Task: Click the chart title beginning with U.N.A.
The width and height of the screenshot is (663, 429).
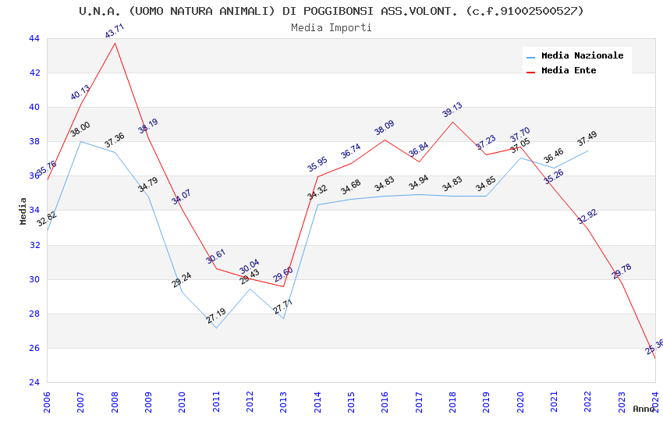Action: [331, 11]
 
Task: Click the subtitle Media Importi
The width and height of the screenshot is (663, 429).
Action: [331, 27]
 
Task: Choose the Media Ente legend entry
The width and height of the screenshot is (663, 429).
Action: [569, 70]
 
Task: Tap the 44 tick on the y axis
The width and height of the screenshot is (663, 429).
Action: [34, 38]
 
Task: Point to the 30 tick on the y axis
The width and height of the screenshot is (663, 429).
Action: [34, 279]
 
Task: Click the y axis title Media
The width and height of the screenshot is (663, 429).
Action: [23, 211]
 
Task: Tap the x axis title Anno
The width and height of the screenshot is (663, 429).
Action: [643, 409]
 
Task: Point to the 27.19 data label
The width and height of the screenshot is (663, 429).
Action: [216, 316]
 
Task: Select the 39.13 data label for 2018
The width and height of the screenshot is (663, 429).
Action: [452, 110]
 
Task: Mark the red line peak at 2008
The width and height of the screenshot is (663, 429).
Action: [115, 43]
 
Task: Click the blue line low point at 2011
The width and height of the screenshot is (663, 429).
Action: [216, 328]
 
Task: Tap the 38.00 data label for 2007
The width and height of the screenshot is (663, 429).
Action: [80, 129]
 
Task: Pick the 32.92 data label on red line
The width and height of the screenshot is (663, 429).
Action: [587, 217]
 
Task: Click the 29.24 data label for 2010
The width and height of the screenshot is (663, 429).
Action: [182, 280]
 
